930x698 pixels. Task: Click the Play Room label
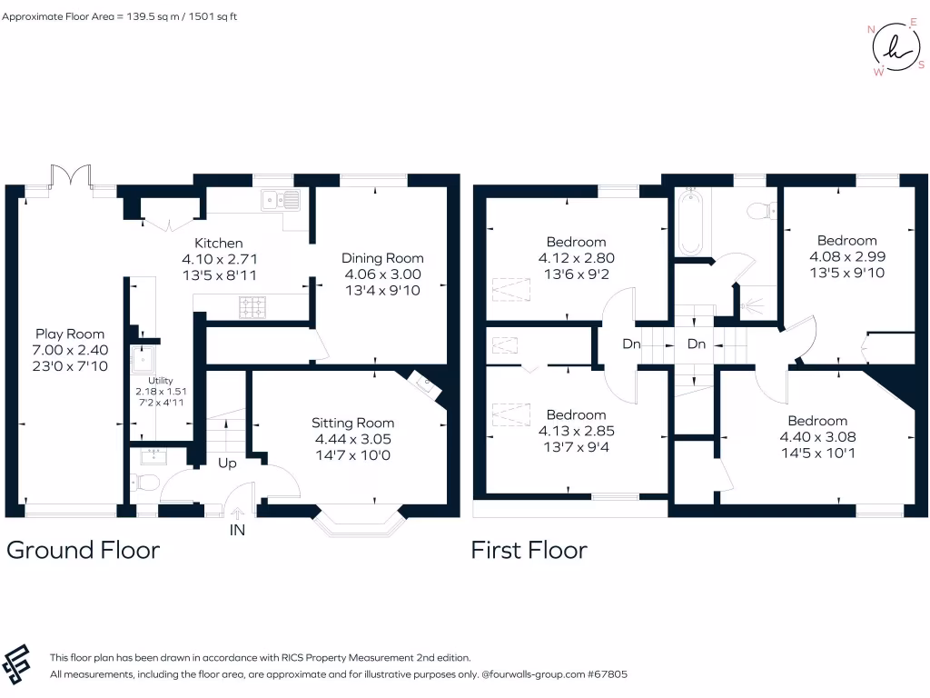pyautogui.click(x=70, y=334)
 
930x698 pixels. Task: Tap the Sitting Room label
pyautogui.click(x=353, y=424)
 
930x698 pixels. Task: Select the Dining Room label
pyautogui.click(x=382, y=258)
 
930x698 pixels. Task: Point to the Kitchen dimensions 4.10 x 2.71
pyautogui.click(x=220, y=259)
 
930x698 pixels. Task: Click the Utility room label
pyautogui.click(x=161, y=381)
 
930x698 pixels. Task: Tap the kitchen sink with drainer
pyautogui.click(x=281, y=200)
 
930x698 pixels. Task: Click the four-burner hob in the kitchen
pyautogui.click(x=252, y=307)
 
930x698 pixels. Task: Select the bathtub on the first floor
pyautogui.click(x=690, y=222)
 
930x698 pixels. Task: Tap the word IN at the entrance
pyautogui.click(x=237, y=530)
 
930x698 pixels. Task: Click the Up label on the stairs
pyautogui.click(x=227, y=464)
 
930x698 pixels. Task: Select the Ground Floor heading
pyautogui.click(x=83, y=550)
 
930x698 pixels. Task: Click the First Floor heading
pyautogui.click(x=529, y=550)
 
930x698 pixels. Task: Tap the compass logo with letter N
pyautogui.click(x=896, y=47)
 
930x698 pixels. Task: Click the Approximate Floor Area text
pyautogui.click(x=119, y=16)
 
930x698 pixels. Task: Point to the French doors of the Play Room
pyautogui.click(x=71, y=175)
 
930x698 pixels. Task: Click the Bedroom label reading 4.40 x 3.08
pyautogui.click(x=818, y=437)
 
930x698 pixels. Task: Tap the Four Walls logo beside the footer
pyautogui.click(x=16, y=664)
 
